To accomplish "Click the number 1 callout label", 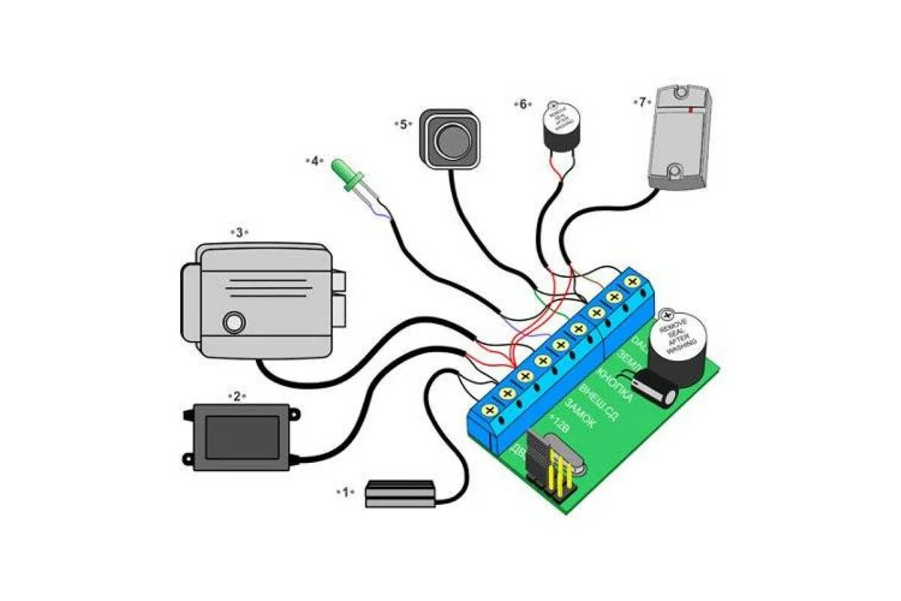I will click(x=345, y=492).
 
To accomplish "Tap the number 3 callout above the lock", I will click(x=239, y=233).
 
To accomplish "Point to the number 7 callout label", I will click(x=642, y=101).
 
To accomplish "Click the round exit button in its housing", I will click(x=450, y=139).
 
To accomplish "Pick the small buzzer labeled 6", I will click(x=557, y=124).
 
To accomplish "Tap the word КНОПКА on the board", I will click(x=614, y=382).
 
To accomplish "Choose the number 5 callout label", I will click(x=403, y=124).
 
